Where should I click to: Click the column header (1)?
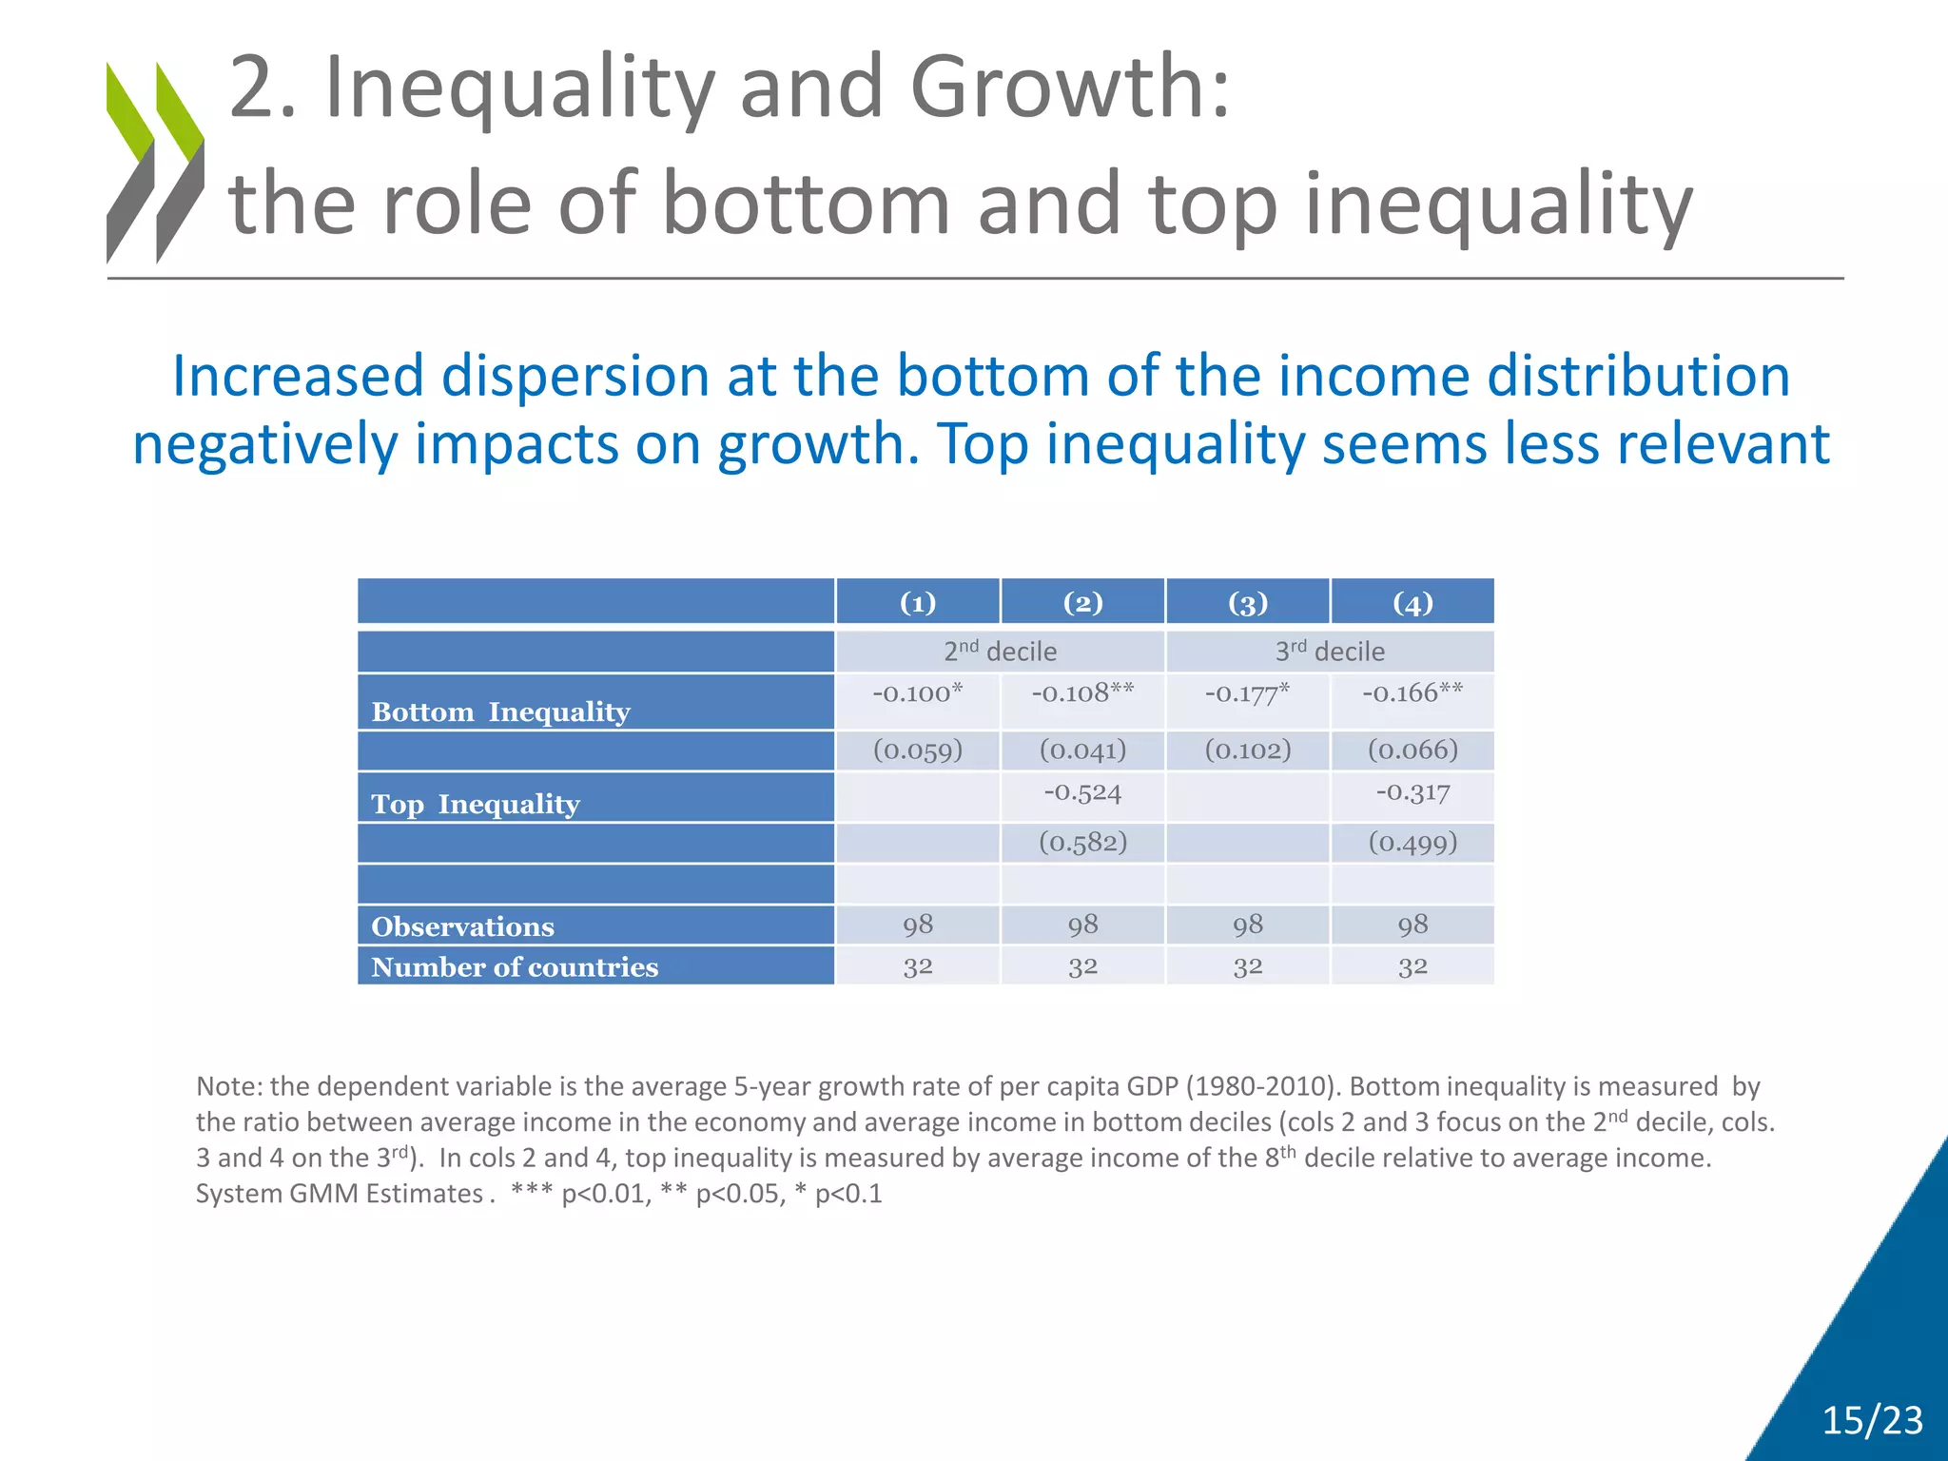click(918, 603)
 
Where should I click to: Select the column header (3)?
click(1248, 603)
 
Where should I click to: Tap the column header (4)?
click(1412, 603)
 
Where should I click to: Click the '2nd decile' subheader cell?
click(1000, 652)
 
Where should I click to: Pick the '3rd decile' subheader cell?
click(1330, 652)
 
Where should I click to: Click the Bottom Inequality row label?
click(501, 711)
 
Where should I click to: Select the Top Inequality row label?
click(476, 804)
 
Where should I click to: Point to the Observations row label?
click(463, 926)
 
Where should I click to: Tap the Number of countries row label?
click(515, 966)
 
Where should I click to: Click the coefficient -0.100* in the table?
click(918, 692)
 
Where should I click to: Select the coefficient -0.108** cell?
click(1082, 692)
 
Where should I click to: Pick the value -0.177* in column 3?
click(1247, 693)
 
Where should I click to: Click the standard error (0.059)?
click(918, 750)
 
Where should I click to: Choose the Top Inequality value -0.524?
click(1082, 792)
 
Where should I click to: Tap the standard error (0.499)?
click(1412, 843)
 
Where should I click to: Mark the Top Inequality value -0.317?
click(1412, 792)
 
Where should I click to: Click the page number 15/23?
click(1872, 1420)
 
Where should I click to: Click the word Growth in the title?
click(1070, 88)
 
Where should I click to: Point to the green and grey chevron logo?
click(155, 162)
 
